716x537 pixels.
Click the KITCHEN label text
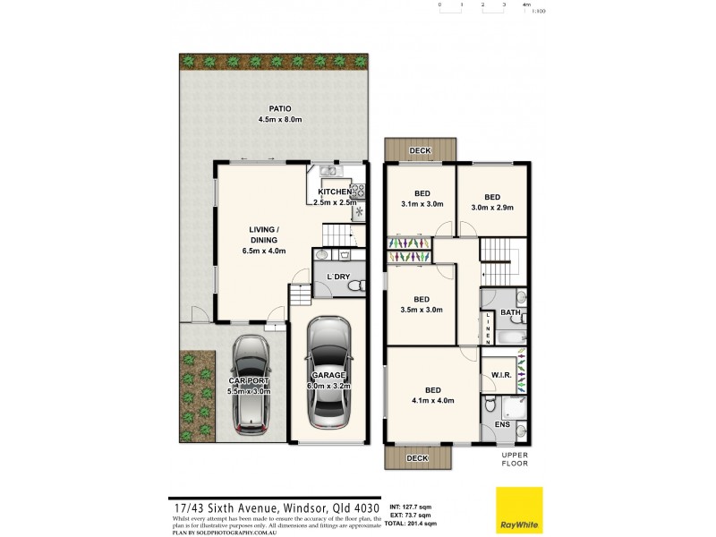click(x=335, y=192)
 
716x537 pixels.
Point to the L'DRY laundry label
click(x=337, y=277)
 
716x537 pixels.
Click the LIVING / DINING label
click(x=263, y=234)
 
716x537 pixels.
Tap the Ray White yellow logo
click(x=519, y=511)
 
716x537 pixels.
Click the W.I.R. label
click(x=501, y=376)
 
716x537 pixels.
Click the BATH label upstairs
click(x=510, y=312)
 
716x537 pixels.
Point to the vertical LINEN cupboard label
click(x=487, y=328)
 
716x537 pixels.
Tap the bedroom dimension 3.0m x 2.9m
click(x=492, y=208)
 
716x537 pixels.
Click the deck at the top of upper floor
click(x=421, y=151)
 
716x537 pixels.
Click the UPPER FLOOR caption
click(x=515, y=459)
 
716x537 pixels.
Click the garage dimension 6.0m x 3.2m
click(x=328, y=386)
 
